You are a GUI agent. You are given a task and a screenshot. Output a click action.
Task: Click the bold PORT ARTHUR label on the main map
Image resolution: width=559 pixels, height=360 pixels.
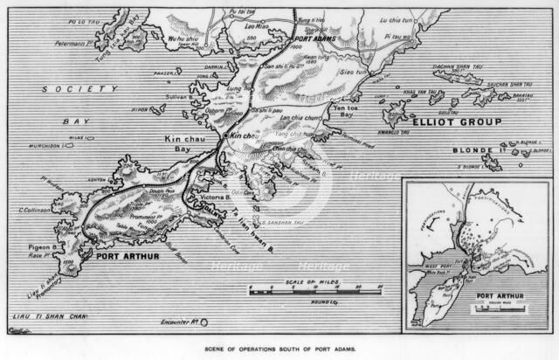(x=128, y=257)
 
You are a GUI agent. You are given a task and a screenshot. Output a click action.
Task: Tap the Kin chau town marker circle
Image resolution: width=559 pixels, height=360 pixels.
(x=224, y=137)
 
